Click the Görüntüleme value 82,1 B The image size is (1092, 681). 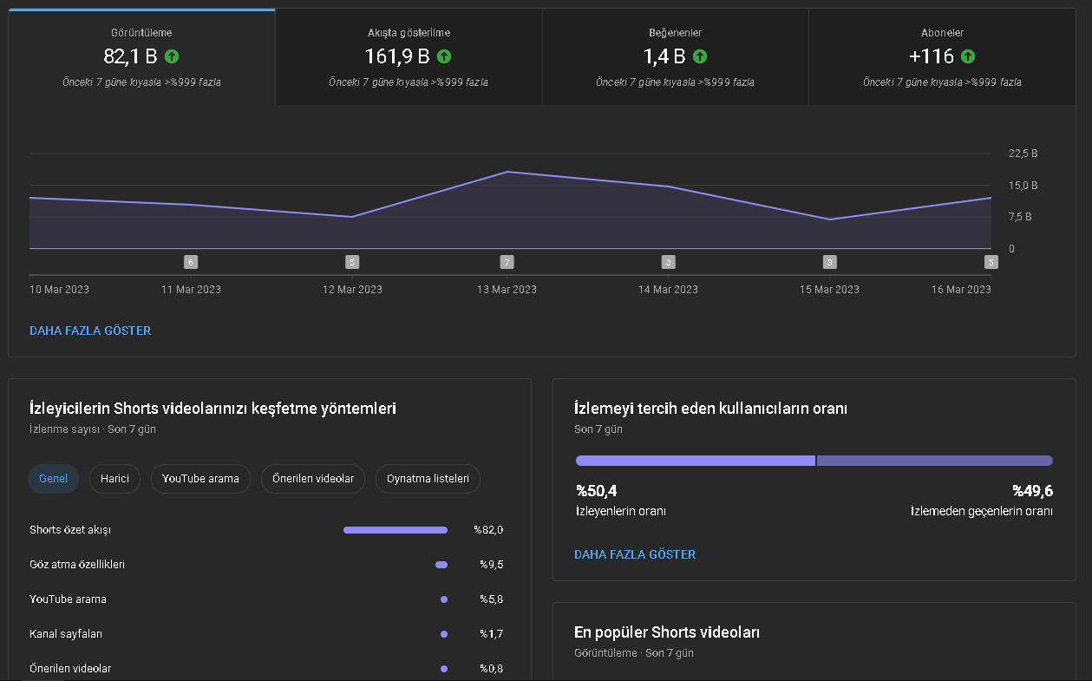pyautogui.click(x=130, y=56)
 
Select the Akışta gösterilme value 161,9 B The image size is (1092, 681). pyautogui.click(x=397, y=56)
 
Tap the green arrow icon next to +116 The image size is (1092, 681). pyautogui.click(x=968, y=56)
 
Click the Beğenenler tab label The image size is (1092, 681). pyautogui.click(x=675, y=33)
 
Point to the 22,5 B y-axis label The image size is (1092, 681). pyautogui.click(x=1023, y=154)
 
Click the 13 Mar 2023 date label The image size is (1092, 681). pyautogui.click(x=507, y=290)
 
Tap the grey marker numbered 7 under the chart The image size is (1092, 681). pyautogui.click(x=507, y=262)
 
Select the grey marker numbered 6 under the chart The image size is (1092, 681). pyautogui.click(x=191, y=262)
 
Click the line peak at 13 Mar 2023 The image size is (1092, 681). pyautogui.click(x=507, y=172)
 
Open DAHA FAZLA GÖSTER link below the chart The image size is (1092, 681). pyautogui.click(x=90, y=331)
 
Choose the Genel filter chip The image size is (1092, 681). pyautogui.click(x=53, y=479)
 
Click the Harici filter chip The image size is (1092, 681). pyautogui.click(x=114, y=479)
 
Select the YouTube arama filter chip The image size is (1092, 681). pyautogui.click(x=200, y=479)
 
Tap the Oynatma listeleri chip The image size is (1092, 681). pyautogui.click(x=428, y=479)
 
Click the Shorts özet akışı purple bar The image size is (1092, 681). pyautogui.click(x=396, y=530)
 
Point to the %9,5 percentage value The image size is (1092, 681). pyautogui.click(x=492, y=565)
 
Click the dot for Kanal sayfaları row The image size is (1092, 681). pyautogui.click(x=443, y=634)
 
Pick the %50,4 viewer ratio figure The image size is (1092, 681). pyautogui.click(x=596, y=491)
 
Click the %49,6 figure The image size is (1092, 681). pyautogui.click(x=1032, y=491)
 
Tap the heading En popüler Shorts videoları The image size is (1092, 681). pyautogui.click(x=666, y=632)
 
